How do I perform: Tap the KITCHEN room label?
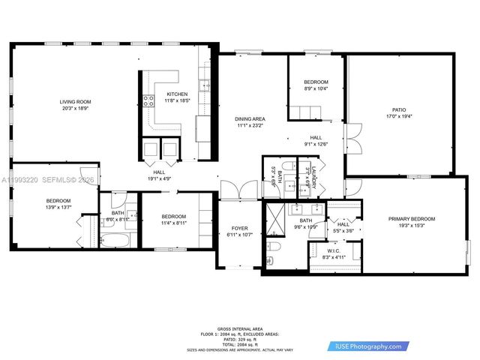tap(177, 94)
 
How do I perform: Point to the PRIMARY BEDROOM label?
tap(412, 218)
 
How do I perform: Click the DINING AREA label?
tap(250, 119)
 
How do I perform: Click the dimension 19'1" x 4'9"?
tap(160, 178)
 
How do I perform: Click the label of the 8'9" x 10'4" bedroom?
tap(316, 82)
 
